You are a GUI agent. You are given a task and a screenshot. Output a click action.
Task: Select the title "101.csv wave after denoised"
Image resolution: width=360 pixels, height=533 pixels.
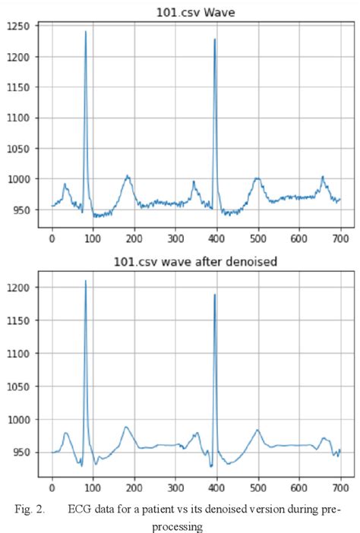tap(197, 262)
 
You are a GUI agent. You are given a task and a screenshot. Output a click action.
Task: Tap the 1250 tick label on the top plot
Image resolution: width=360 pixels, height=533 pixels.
tap(17, 27)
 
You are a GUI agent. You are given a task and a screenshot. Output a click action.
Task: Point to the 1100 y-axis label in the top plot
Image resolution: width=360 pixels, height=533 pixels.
tap(17, 118)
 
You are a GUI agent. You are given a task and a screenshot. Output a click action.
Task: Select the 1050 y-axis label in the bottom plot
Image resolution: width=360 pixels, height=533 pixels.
tap(17, 386)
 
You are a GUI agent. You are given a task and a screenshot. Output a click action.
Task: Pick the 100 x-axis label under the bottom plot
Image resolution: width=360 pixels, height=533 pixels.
tap(93, 490)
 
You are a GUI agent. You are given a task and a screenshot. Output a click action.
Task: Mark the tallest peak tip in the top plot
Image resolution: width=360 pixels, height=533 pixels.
tap(86, 32)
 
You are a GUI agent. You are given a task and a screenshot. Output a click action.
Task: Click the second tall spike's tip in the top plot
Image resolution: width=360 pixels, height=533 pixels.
tap(215, 39)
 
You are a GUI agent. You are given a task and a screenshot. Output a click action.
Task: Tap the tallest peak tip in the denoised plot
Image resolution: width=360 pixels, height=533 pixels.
tap(86, 282)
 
